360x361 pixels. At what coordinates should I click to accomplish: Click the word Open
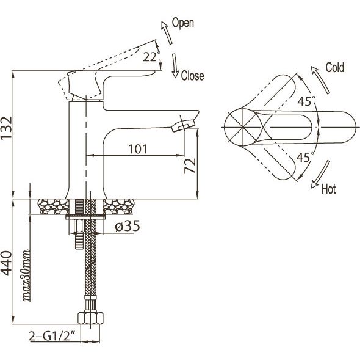pyautogui.click(x=183, y=23)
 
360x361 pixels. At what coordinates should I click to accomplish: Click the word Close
pyautogui.click(x=192, y=76)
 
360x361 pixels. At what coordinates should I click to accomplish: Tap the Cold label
pyautogui.click(x=335, y=67)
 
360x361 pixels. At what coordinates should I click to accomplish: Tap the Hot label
pyautogui.click(x=328, y=189)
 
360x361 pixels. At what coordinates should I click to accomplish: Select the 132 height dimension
pyautogui.click(x=6, y=128)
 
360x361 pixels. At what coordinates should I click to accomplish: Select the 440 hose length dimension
pyautogui.click(x=6, y=263)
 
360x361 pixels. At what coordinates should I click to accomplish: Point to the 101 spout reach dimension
pyautogui.click(x=137, y=149)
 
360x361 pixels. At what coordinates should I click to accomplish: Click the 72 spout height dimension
pyautogui.click(x=190, y=166)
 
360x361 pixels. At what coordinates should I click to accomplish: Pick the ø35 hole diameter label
pyautogui.click(x=127, y=226)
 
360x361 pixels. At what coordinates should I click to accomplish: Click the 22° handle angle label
pyautogui.click(x=151, y=57)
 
